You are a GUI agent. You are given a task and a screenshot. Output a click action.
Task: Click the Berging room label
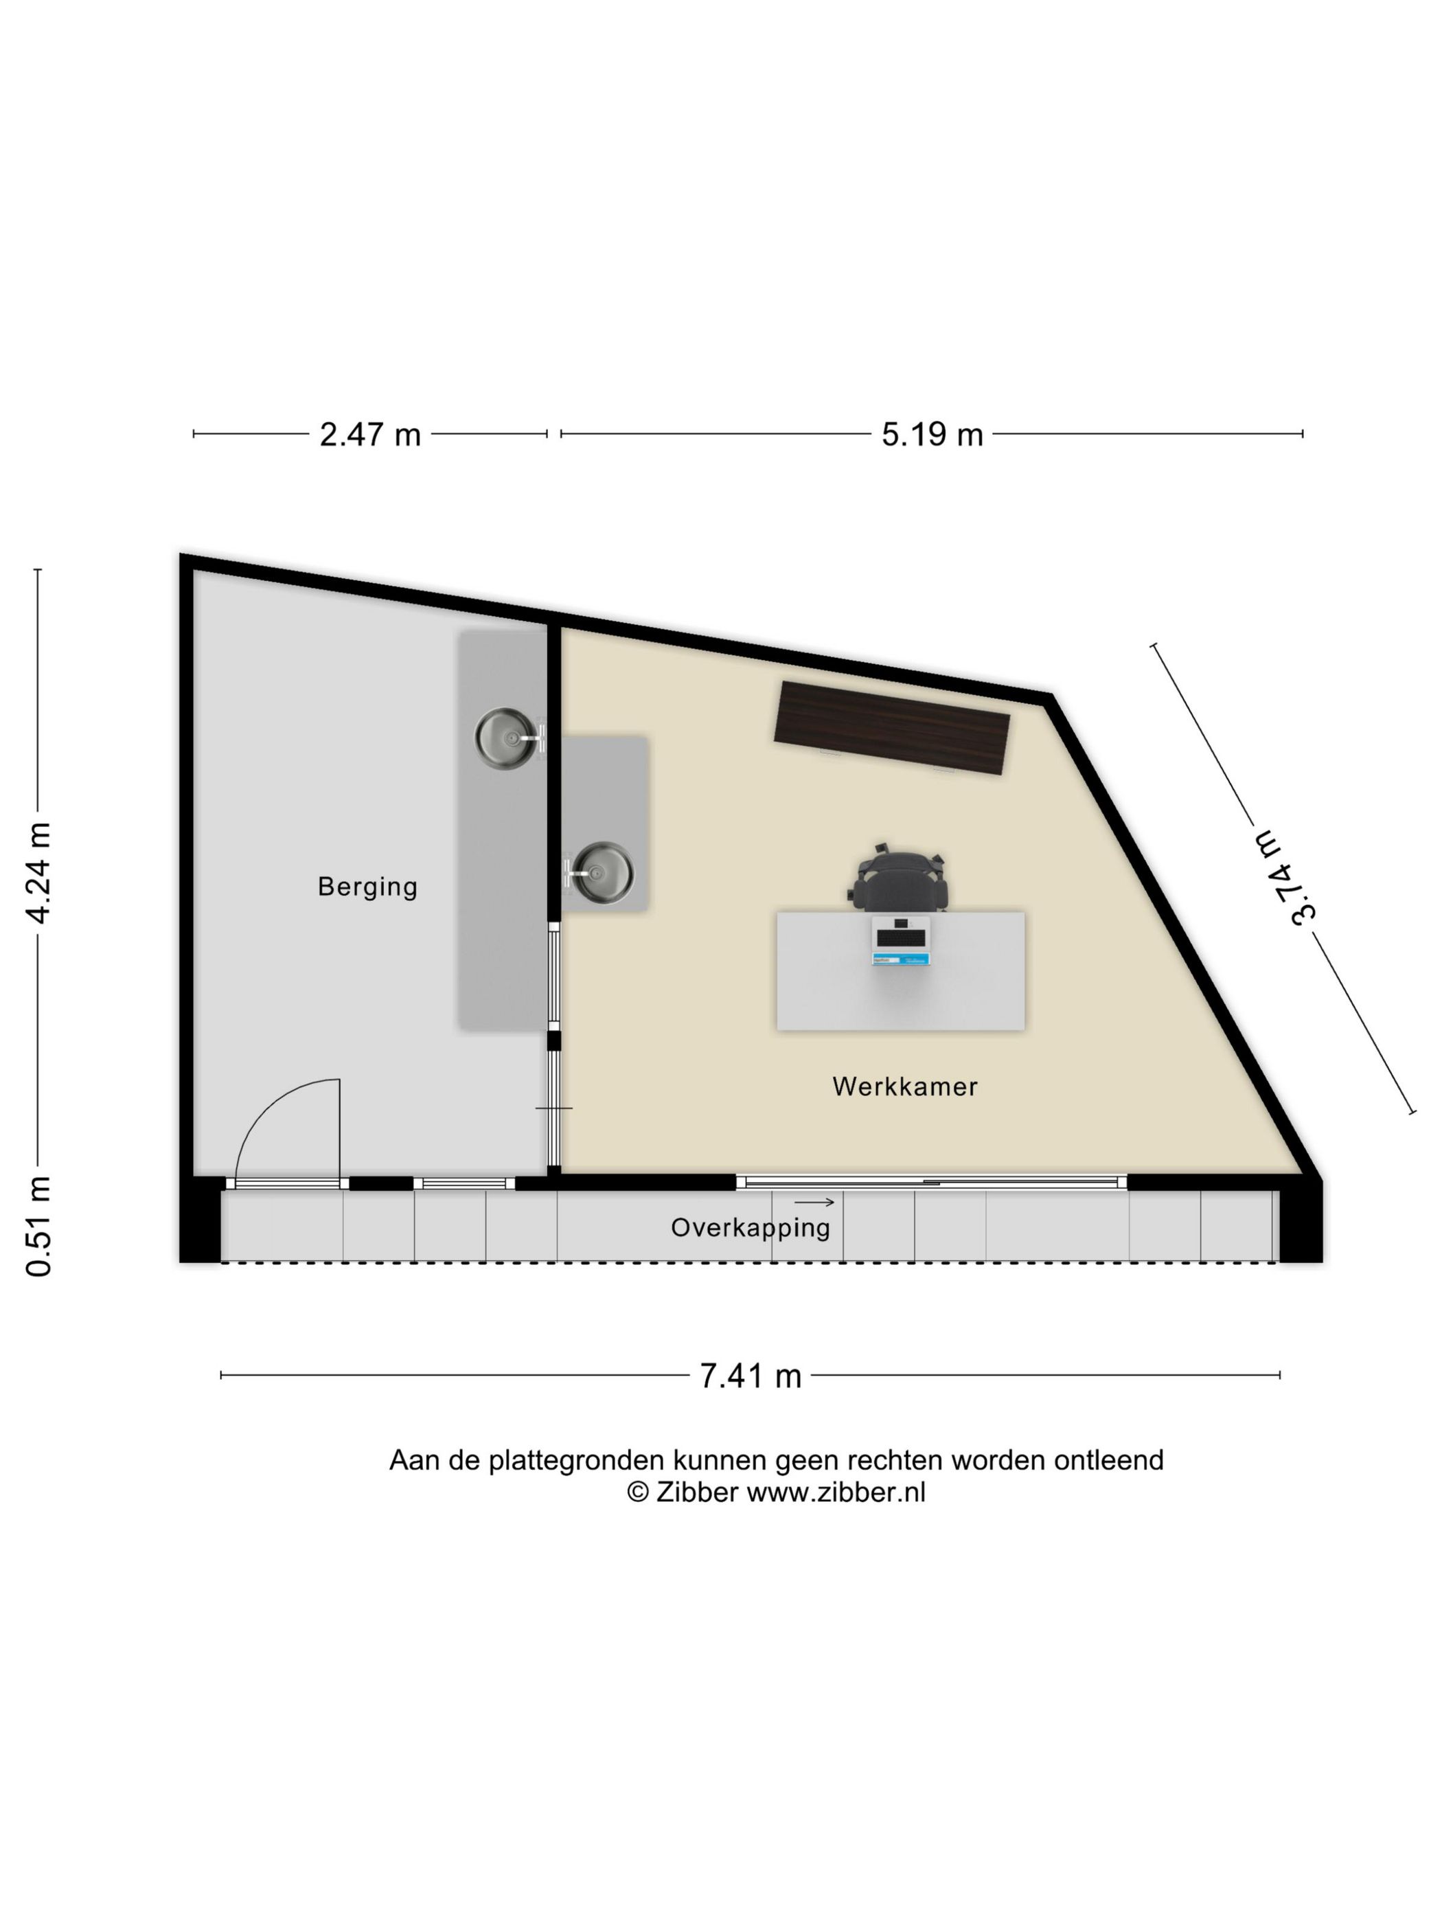pyautogui.click(x=367, y=887)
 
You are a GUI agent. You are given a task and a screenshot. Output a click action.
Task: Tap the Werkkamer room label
pyautogui.click(x=905, y=1086)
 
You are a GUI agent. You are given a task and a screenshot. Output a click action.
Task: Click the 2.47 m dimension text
pyautogui.click(x=370, y=434)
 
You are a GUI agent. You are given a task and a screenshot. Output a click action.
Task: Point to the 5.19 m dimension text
pyautogui.click(x=932, y=434)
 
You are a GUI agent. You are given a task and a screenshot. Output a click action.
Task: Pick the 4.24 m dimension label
pyautogui.click(x=39, y=873)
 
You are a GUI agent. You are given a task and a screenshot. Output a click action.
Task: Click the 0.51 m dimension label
pyautogui.click(x=39, y=1226)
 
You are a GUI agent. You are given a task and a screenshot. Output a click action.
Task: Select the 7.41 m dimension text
pyautogui.click(x=750, y=1376)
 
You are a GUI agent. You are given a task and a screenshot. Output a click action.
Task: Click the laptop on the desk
pyautogui.click(x=902, y=942)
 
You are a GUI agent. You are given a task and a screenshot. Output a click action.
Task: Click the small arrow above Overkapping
pyautogui.click(x=814, y=1203)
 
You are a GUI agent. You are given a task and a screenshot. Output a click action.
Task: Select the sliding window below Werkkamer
pyautogui.click(x=931, y=1181)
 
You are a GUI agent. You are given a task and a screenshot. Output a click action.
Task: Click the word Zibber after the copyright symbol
pyautogui.click(x=696, y=1492)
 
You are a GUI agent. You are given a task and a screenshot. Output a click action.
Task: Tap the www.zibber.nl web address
pyautogui.click(x=836, y=1492)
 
